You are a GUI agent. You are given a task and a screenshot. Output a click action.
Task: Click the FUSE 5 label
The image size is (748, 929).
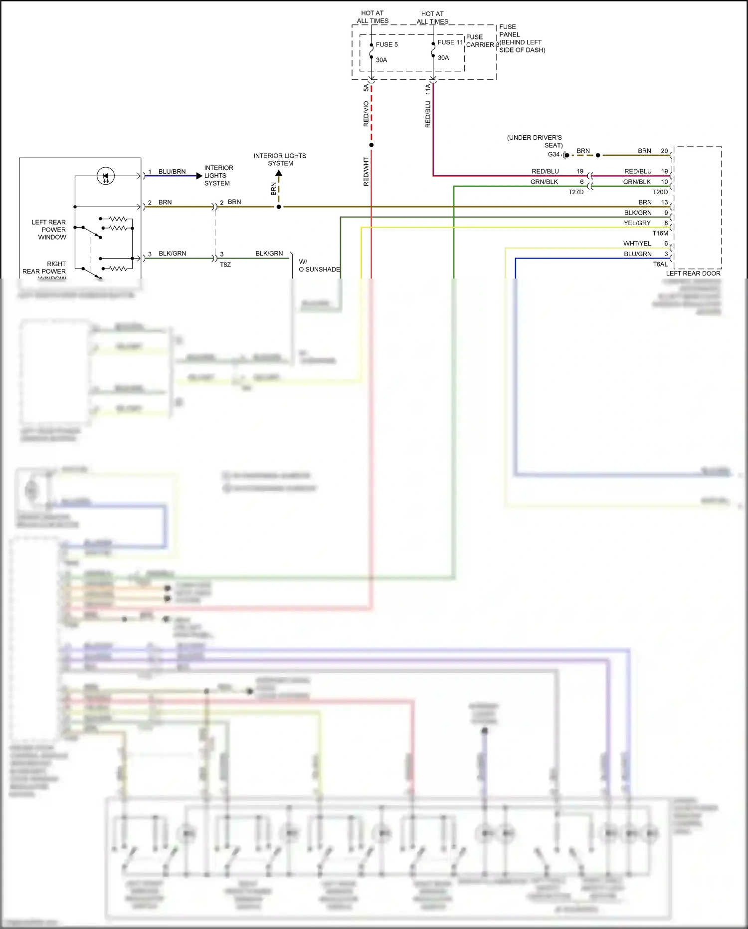point(386,44)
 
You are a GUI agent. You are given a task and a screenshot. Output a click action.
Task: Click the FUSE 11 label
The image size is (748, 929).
point(450,42)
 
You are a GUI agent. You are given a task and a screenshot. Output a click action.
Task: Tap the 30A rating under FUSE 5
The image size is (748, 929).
point(381,60)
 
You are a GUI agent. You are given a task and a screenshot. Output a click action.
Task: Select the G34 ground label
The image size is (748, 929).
point(554,155)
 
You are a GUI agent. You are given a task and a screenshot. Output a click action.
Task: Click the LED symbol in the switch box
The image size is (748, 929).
point(105,176)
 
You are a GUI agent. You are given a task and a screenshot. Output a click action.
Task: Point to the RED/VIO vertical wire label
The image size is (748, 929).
point(366,114)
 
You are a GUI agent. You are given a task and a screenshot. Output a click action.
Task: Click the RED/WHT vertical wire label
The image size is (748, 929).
point(366,172)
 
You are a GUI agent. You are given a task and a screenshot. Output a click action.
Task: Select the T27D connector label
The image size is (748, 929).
point(575,192)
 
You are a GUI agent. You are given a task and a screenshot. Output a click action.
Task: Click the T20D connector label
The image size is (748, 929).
point(660,192)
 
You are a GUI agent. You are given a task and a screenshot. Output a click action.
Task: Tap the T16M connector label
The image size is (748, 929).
point(660,233)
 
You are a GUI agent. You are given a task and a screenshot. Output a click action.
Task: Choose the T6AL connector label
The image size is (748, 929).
point(660,264)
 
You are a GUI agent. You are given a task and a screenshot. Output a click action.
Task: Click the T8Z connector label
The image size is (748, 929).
point(225,265)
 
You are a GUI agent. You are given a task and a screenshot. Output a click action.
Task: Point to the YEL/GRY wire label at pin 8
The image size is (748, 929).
point(637,223)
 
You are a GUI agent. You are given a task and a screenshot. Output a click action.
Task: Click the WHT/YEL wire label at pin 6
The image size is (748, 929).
point(637,244)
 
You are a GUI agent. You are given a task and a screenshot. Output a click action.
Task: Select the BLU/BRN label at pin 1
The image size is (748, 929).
point(172,172)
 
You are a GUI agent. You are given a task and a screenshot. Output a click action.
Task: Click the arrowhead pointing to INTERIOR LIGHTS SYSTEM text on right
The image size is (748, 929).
point(199,176)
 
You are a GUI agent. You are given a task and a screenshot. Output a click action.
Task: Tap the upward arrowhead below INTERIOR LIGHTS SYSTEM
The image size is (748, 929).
point(279,173)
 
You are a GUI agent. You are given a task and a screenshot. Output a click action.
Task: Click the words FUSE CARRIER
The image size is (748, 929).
point(480,41)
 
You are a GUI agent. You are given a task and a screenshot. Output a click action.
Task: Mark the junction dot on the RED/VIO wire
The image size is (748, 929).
point(371,145)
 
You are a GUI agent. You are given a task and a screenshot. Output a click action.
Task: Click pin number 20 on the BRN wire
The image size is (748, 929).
point(664,151)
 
